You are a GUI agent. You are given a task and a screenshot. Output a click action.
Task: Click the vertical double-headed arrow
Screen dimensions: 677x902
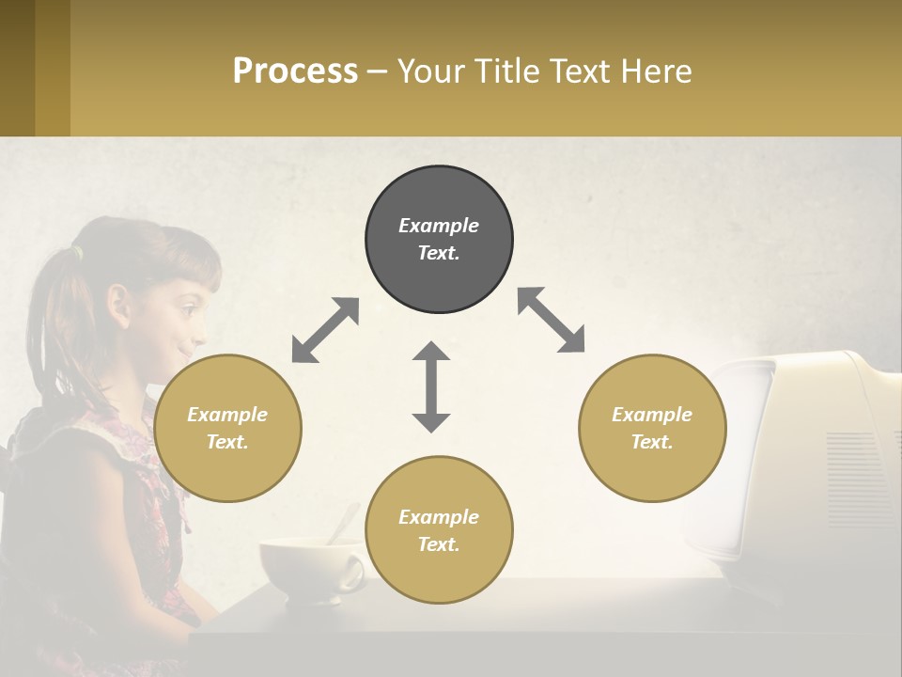(431, 386)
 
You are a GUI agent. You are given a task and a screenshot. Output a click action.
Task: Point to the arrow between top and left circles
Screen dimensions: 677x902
(325, 330)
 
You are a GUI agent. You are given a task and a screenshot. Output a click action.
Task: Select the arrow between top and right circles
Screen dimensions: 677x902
(552, 320)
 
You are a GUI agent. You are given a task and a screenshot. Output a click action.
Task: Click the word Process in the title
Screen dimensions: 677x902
(295, 71)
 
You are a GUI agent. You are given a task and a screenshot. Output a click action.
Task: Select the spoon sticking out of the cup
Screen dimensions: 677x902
(343, 522)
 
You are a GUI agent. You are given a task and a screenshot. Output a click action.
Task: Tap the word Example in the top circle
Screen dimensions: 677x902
(439, 226)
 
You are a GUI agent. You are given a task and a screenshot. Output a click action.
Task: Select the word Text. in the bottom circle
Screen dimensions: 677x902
(439, 544)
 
